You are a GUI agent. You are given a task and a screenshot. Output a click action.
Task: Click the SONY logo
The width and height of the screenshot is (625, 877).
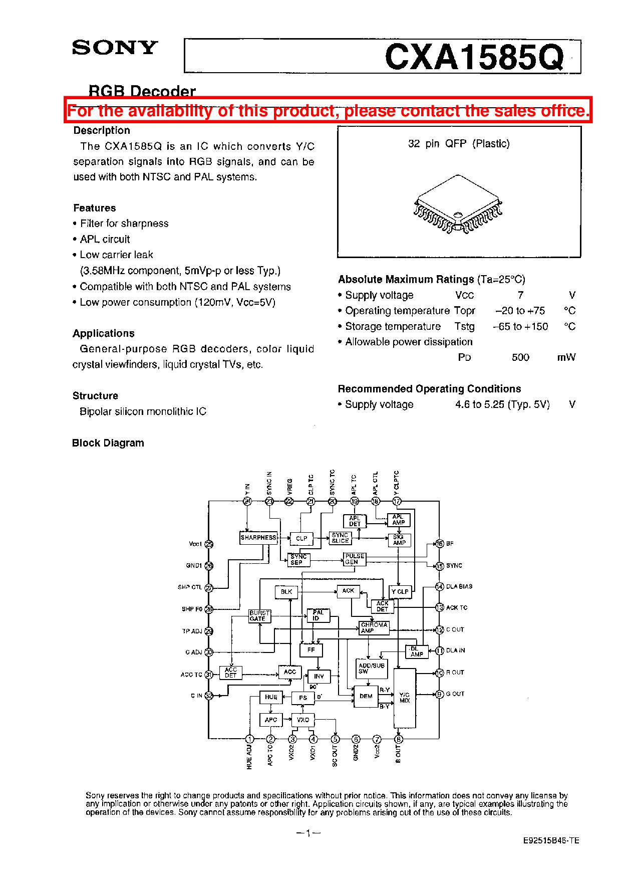[x=115, y=48]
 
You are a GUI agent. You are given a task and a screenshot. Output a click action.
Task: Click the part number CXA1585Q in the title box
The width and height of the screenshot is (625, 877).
[x=474, y=57]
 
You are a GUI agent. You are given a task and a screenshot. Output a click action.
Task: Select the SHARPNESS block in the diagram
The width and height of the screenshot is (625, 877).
[x=258, y=538]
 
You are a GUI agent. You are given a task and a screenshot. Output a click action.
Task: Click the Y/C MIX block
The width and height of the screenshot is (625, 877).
[x=405, y=698]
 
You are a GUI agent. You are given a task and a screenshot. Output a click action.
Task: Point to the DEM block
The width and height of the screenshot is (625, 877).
[x=366, y=696]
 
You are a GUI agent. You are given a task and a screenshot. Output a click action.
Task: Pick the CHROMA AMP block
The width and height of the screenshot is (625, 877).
[x=374, y=628]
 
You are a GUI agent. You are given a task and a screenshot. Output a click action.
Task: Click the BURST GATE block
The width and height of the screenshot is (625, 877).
[x=259, y=616]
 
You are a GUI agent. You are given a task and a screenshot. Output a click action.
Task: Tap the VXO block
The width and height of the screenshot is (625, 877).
[x=303, y=720]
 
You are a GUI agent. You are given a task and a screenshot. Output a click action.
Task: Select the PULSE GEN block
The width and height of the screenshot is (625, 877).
[x=355, y=559]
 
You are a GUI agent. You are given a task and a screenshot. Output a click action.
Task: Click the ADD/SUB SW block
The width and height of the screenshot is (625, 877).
[x=371, y=669]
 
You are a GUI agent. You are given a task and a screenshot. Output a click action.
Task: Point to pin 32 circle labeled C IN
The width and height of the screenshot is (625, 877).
[x=209, y=696]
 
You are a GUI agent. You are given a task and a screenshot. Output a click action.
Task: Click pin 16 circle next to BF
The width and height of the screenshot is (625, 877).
[x=439, y=544]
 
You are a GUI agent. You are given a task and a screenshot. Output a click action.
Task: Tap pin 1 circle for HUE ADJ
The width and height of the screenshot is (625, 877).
[x=249, y=739]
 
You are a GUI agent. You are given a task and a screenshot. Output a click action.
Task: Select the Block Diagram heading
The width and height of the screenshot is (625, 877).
[x=108, y=443]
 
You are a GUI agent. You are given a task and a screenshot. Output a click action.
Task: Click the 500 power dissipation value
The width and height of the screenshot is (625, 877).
[x=520, y=357]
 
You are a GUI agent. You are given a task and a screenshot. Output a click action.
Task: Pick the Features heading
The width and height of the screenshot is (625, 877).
[x=95, y=208]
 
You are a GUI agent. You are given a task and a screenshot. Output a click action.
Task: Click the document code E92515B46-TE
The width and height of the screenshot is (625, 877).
[x=551, y=840]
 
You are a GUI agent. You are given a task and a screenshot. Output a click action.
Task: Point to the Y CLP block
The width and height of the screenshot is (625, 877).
[x=400, y=592]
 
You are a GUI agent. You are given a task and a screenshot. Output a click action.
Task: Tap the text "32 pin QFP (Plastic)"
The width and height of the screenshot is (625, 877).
[x=459, y=144]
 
